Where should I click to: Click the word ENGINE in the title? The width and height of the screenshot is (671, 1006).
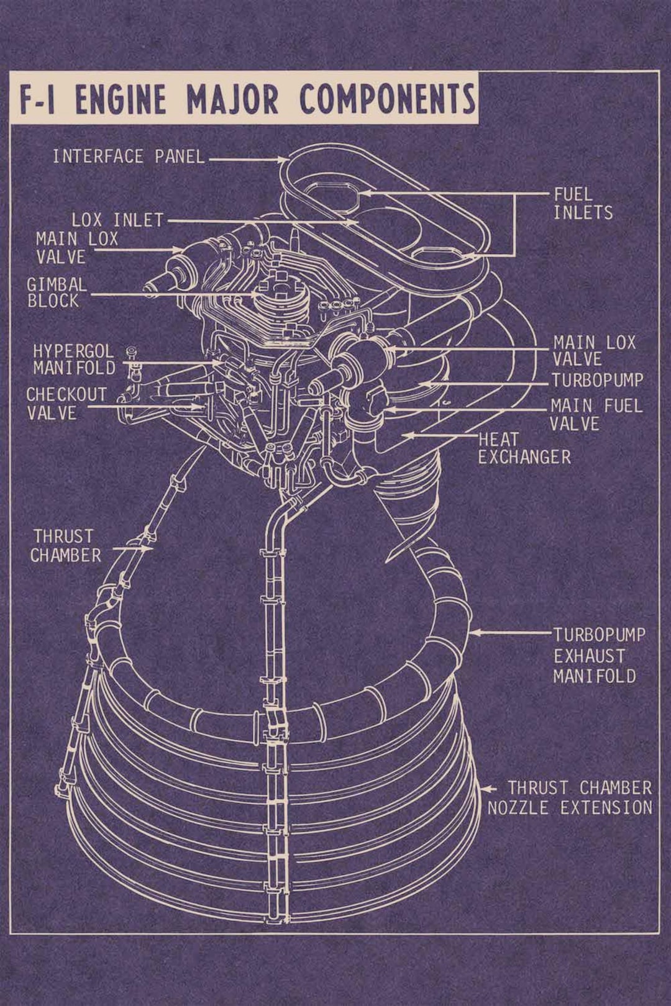click(121, 99)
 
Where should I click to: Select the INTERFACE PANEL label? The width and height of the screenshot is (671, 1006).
click(129, 156)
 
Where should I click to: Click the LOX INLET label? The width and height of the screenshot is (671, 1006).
click(117, 220)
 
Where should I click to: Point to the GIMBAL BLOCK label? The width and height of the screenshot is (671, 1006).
click(56, 292)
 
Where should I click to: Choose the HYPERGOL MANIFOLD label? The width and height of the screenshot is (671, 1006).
click(75, 360)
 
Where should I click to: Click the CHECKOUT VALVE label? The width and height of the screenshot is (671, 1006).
click(66, 404)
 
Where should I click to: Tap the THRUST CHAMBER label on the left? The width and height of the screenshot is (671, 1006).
click(65, 546)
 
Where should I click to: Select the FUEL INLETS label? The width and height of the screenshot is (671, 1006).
click(583, 204)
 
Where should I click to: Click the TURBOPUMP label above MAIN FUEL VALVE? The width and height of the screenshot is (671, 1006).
click(597, 380)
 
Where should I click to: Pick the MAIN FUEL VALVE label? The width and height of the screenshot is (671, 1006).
click(595, 415)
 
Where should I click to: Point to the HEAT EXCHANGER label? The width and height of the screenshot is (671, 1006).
click(523, 448)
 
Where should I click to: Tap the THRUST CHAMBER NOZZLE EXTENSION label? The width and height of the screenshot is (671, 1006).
click(570, 798)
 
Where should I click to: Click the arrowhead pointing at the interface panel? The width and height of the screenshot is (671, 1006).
click(283, 160)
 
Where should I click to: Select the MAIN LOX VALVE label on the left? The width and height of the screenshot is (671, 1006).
click(76, 247)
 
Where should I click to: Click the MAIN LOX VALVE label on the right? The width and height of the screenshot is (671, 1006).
click(594, 351)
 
